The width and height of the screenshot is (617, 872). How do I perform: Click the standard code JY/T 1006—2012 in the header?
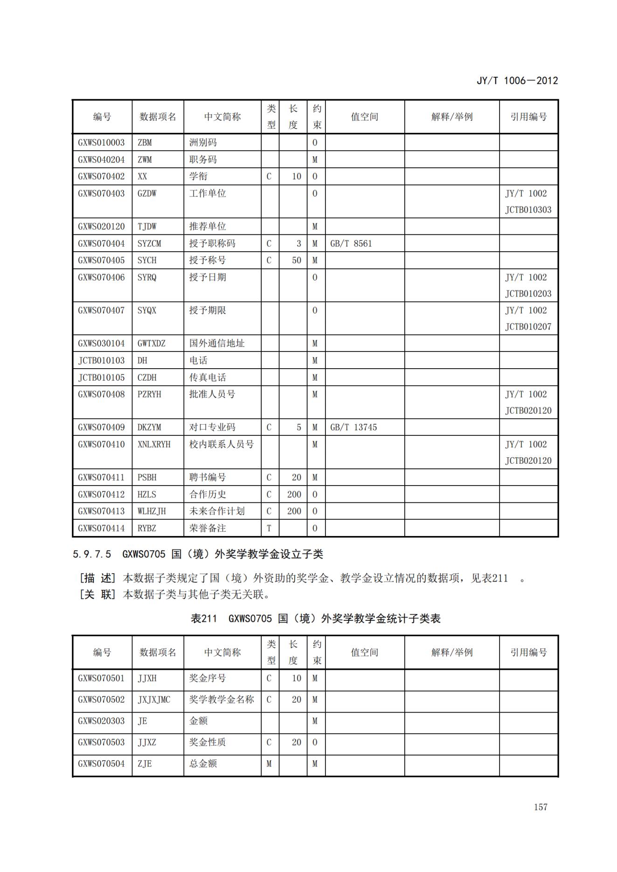point(517,81)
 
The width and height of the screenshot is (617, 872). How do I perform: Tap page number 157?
point(541,807)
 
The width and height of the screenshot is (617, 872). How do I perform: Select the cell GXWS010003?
point(101,143)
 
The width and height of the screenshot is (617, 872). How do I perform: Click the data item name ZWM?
point(145,159)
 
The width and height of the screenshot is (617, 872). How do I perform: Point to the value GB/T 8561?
point(351,243)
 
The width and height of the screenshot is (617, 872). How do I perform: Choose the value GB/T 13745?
point(353,427)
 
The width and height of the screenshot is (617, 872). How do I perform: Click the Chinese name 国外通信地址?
point(216,343)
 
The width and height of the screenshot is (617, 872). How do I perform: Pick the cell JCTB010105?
point(101,378)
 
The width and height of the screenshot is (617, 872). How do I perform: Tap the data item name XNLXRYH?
point(154,444)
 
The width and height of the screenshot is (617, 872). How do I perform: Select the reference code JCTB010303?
point(528,210)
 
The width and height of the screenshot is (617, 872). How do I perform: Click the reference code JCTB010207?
point(528,327)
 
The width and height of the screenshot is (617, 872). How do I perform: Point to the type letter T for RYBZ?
point(269,528)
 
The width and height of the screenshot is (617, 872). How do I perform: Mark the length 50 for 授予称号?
point(297,260)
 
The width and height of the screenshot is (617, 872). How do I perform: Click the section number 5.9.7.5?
point(92,554)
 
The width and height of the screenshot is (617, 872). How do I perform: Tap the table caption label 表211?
point(204,618)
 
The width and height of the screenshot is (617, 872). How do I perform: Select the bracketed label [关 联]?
point(97,594)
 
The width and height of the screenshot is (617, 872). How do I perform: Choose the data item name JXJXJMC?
point(154,700)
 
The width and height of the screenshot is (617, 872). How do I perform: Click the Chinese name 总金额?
point(203,763)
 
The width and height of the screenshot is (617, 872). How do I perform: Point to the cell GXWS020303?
point(101,721)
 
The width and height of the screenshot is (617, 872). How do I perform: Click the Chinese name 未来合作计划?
point(216,511)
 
